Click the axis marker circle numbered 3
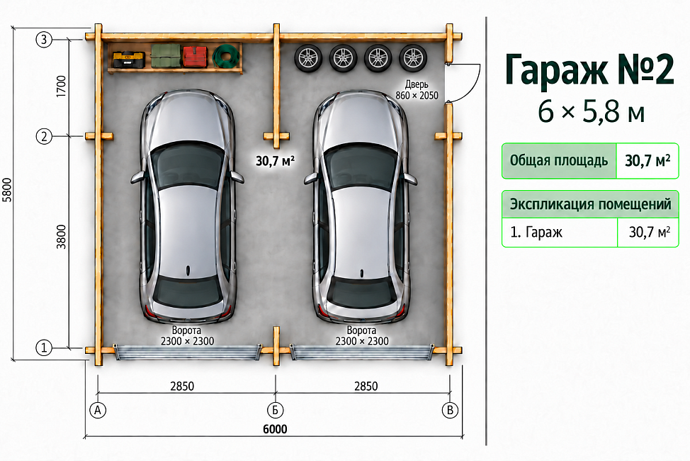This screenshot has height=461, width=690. pos(43,40)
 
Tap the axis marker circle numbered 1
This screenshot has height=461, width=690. pos(43,348)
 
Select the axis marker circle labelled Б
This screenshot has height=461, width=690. pos(275,411)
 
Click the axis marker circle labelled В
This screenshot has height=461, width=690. pos(450,411)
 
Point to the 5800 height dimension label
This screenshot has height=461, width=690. pos(8,190)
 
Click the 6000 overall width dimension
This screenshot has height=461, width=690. pos(275,429)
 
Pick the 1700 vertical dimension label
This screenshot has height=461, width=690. pos(61,87)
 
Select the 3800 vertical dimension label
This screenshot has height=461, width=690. pos(61,237)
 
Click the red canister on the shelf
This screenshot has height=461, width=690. pos(195,56)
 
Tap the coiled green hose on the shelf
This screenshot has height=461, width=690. pos(226,57)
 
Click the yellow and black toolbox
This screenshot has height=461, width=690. pos(129,60)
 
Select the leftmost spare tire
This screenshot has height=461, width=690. pos(308,57)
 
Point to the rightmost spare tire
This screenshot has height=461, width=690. pos(413,57)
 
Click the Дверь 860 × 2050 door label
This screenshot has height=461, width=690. pos(417,90)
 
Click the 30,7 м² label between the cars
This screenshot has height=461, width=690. pos(275,161)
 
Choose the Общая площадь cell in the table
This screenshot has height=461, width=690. pos(559,161)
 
